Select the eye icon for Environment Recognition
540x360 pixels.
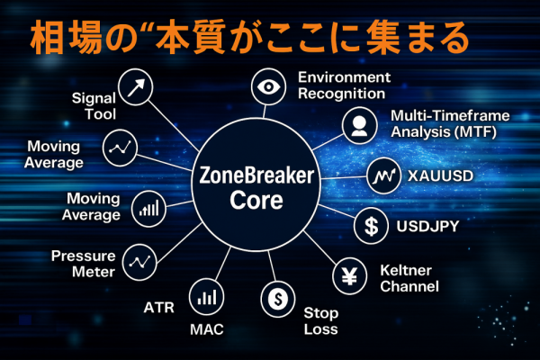[x=268, y=86]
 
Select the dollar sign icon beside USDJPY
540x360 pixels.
[x=371, y=225]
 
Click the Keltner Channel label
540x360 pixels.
[x=409, y=279]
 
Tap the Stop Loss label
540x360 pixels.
[x=320, y=321]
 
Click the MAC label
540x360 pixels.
[x=206, y=329]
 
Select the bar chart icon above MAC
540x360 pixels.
[x=206, y=295]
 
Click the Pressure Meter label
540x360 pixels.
[x=83, y=263]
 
